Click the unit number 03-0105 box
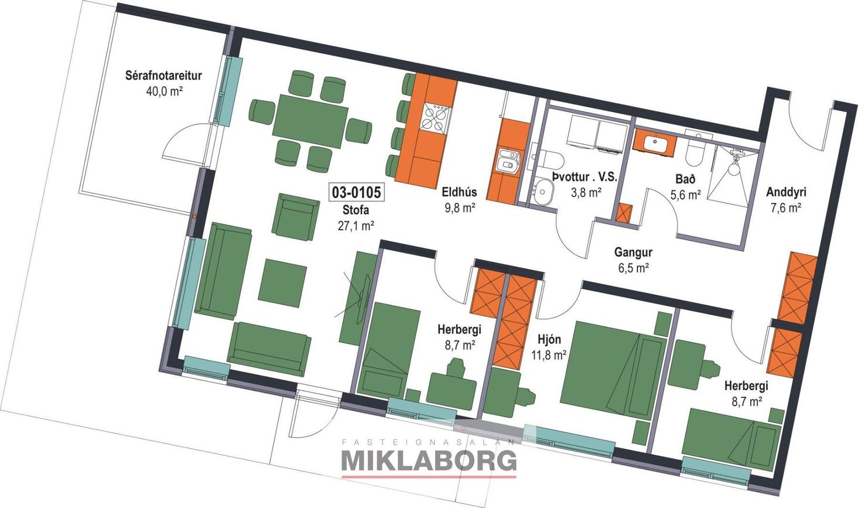coord(356,192)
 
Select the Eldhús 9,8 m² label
coord(459,199)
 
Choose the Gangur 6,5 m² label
coord(633,260)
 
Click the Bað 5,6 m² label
coord(686,187)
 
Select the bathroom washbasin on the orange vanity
coord(654,143)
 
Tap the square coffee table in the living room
coord(283,282)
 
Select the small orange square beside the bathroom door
coord(623,212)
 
